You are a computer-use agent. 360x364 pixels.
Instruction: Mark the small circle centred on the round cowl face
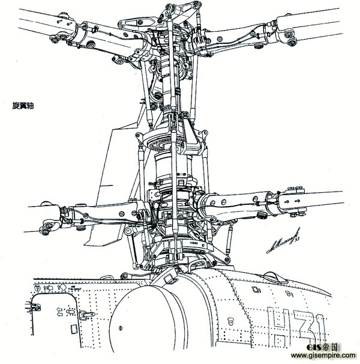pos(121,327)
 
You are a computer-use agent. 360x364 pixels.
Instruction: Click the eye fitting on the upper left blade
pos(55,38)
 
